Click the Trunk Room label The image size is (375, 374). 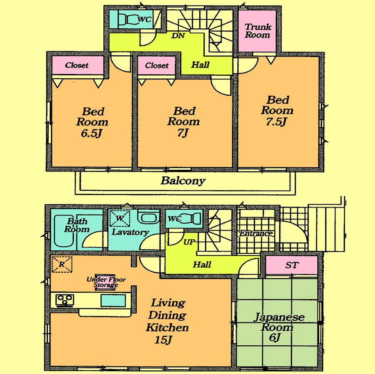[257, 31]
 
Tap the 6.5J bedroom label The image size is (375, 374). [92, 122]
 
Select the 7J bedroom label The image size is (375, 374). [183, 121]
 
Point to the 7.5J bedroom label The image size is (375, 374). [277, 110]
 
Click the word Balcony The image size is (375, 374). [183, 181]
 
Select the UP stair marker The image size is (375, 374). [189, 242]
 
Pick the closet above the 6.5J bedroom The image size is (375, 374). [77, 65]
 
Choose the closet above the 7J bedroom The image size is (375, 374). [157, 65]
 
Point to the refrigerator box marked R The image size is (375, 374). [62, 264]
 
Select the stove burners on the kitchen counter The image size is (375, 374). [65, 300]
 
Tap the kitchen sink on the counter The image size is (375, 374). [113, 300]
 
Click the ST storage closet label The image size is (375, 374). [292, 265]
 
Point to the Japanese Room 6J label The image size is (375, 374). [277, 327]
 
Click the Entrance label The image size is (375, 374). [255, 233]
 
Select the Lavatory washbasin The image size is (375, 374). [148, 218]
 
